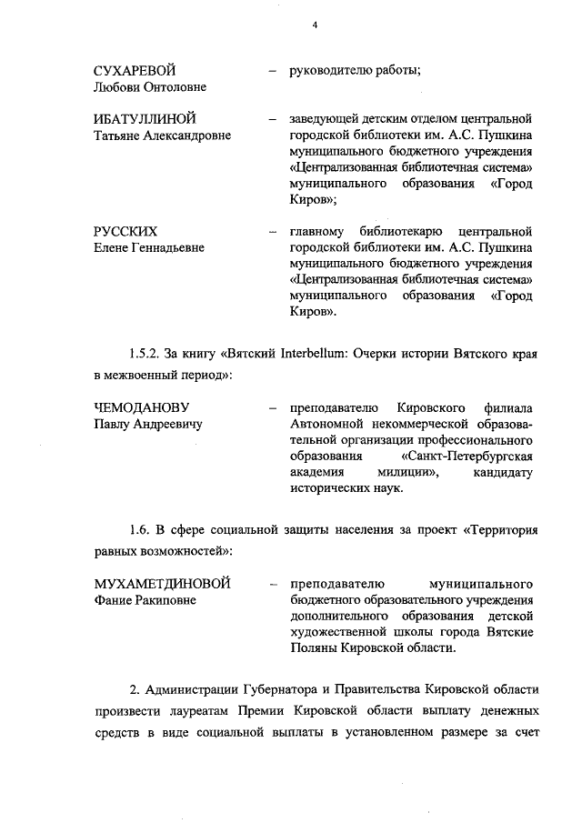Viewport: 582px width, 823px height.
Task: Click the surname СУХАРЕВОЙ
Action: click(135, 71)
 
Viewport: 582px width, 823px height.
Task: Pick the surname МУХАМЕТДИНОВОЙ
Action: click(163, 583)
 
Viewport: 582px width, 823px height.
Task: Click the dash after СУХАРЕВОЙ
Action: click(272, 71)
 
